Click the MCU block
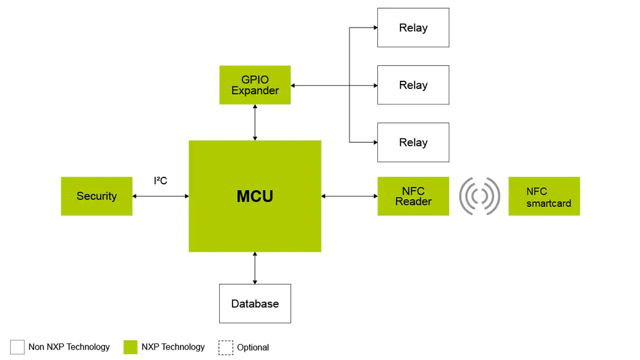[254, 196]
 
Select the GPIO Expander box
[255, 85]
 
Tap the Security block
[97, 196]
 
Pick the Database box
[255, 304]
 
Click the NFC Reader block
[413, 196]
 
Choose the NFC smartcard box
[544, 196]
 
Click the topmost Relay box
[413, 28]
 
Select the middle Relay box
[413, 85]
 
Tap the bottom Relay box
[413, 142]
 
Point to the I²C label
[160, 181]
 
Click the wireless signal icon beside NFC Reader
[479, 196]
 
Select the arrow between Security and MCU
[160, 197]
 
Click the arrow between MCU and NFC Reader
[349, 197]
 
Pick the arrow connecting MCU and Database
[255, 268]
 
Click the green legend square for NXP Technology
[131, 347]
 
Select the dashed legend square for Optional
[226, 347]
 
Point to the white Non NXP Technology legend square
[17, 347]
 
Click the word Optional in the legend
[253, 348]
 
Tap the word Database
[255, 304]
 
